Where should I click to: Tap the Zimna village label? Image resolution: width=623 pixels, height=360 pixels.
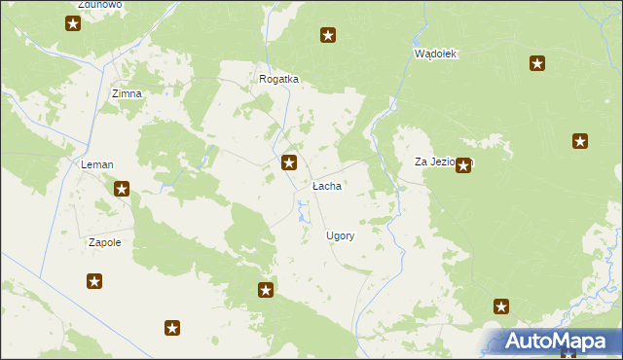point(128,93)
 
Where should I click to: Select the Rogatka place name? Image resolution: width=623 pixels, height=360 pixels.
point(278,80)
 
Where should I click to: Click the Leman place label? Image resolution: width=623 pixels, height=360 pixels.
point(96,165)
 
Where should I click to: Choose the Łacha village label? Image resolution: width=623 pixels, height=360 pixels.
point(326,185)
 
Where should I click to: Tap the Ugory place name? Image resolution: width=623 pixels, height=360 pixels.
point(340,235)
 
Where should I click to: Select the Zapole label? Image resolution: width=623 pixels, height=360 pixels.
point(104,242)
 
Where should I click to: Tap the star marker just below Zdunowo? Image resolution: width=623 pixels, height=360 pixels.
point(73,22)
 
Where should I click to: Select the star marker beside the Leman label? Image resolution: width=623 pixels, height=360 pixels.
point(122,190)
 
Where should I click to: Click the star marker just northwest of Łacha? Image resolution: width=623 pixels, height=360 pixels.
point(289,163)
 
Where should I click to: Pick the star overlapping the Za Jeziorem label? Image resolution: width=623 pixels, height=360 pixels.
point(463,165)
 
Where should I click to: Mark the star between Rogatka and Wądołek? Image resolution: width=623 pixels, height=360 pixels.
point(329,36)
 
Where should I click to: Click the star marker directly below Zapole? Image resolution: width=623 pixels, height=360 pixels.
point(94,282)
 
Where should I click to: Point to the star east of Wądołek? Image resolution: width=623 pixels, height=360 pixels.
point(537,64)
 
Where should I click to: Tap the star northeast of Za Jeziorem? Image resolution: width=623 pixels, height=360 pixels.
point(581,141)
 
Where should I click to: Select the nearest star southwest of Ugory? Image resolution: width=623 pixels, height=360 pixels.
point(265,290)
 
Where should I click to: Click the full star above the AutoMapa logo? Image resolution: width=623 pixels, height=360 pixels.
point(501,307)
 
